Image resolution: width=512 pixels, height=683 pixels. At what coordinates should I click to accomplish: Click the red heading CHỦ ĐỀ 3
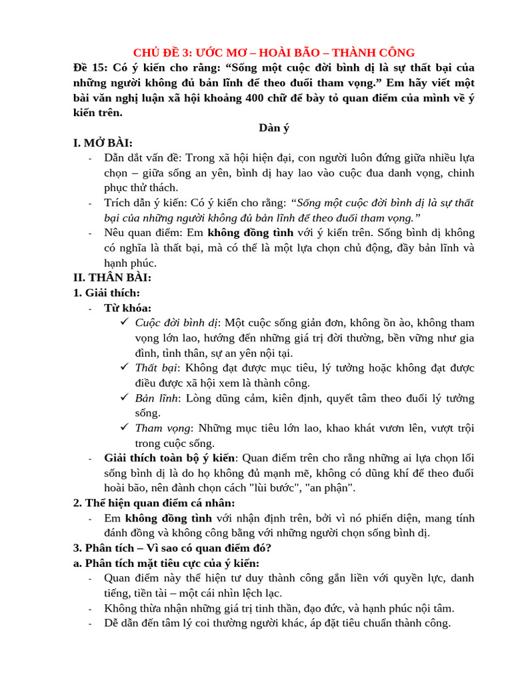coord(273,53)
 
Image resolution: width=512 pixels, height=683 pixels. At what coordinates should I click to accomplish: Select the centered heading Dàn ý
coord(273,128)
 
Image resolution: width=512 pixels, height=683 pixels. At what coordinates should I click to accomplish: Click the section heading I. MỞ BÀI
coord(103,143)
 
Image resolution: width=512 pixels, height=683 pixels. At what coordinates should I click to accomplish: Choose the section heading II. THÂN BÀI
coord(112,277)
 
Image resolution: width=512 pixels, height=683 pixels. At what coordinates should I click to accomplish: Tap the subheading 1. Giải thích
coord(107,293)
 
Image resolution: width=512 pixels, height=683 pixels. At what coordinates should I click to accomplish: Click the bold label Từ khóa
coord(127,307)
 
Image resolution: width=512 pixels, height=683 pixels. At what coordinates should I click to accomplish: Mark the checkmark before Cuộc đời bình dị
coord(124,322)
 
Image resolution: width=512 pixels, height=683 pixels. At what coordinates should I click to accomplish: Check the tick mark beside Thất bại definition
coord(124,367)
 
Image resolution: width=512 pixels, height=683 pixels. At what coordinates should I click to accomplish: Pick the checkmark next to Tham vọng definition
coord(124,427)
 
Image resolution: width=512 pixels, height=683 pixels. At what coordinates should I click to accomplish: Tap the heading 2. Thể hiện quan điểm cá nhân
coord(154,503)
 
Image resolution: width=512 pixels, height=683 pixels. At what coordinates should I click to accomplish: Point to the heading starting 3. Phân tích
coord(172,548)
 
